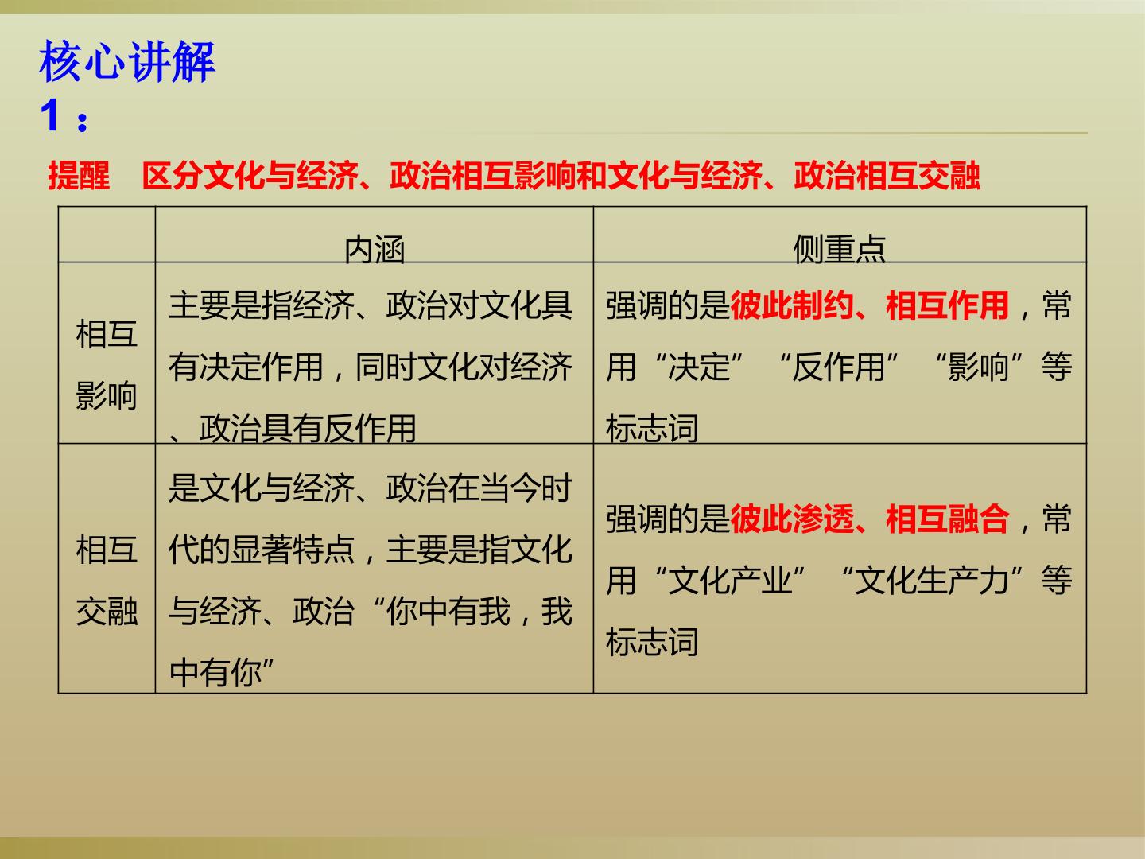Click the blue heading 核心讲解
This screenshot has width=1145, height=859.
pyautogui.click(x=127, y=63)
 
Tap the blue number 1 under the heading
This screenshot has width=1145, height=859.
pyautogui.click(x=50, y=116)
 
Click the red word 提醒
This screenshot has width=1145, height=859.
pyautogui.click(x=79, y=176)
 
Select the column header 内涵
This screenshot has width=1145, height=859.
pyautogui.click(x=375, y=248)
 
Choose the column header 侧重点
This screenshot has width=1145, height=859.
pyautogui.click(x=839, y=248)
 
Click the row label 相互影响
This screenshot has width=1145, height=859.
pyautogui.click(x=107, y=364)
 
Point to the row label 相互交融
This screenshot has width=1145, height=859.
pyautogui.click(x=107, y=580)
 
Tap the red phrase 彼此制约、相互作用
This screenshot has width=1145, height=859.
pyautogui.click(x=869, y=305)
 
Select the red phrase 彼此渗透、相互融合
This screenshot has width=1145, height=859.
pyautogui.click(x=869, y=519)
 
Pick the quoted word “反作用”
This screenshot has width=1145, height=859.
pyautogui.click(x=838, y=367)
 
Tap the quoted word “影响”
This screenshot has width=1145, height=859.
pyautogui.click(x=978, y=367)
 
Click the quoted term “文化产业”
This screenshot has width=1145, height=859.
pyautogui.click(x=730, y=581)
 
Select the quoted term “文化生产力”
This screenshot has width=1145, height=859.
pyautogui.click(x=932, y=581)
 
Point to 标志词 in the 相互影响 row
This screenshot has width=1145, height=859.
pyautogui.click(x=652, y=428)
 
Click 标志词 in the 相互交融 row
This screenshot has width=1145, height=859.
pyautogui.click(x=652, y=642)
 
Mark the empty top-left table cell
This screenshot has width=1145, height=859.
pyautogui.click(x=107, y=235)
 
